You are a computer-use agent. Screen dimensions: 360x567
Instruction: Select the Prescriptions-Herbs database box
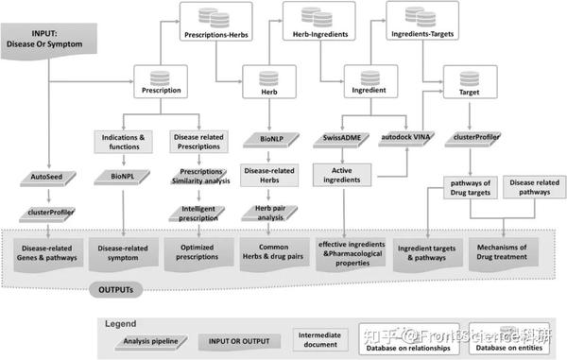click(215, 26)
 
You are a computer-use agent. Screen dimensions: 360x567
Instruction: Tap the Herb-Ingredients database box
click(316, 26)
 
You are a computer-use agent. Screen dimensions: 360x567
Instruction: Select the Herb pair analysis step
click(265, 214)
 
